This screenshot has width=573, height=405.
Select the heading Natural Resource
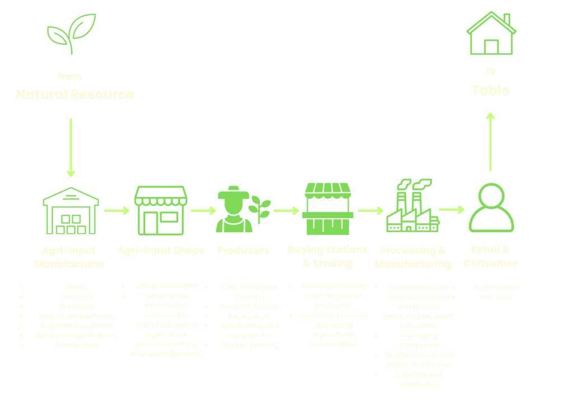[74, 95]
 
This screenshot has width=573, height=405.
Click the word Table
[490, 90]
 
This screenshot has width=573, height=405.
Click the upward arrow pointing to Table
[490, 141]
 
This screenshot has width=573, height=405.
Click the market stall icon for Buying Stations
[327, 209]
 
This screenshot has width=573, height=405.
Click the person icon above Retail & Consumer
[491, 208]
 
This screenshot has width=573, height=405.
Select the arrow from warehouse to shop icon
[116, 211]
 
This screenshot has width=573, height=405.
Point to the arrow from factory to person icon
[452, 210]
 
